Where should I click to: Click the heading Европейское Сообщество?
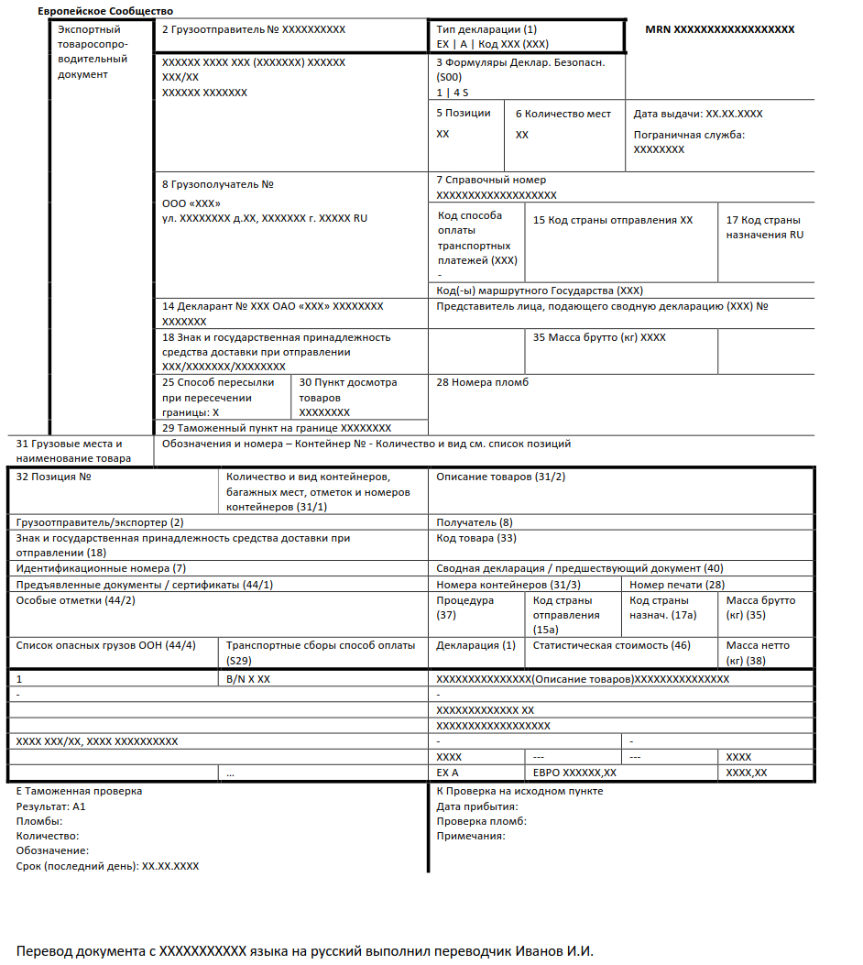(x=105, y=10)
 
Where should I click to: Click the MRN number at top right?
(x=719, y=29)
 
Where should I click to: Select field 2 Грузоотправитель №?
(x=254, y=29)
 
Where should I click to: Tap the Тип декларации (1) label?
(x=486, y=29)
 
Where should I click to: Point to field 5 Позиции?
(x=464, y=113)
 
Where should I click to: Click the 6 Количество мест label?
(x=563, y=114)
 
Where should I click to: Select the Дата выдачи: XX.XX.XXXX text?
(x=698, y=114)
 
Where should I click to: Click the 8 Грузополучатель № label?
(x=218, y=184)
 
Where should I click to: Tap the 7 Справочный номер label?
(x=491, y=180)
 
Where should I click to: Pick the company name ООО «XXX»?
(x=191, y=203)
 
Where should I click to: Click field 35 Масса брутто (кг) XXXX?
(x=599, y=337)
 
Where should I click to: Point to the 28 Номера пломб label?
(x=483, y=382)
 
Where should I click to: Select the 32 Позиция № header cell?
(x=55, y=477)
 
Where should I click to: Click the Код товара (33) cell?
(x=476, y=538)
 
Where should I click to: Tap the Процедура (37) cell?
(x=465, y=608)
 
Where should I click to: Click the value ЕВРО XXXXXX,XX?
(x=574, y=773)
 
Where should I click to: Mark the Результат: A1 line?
(x=51, y=806)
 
